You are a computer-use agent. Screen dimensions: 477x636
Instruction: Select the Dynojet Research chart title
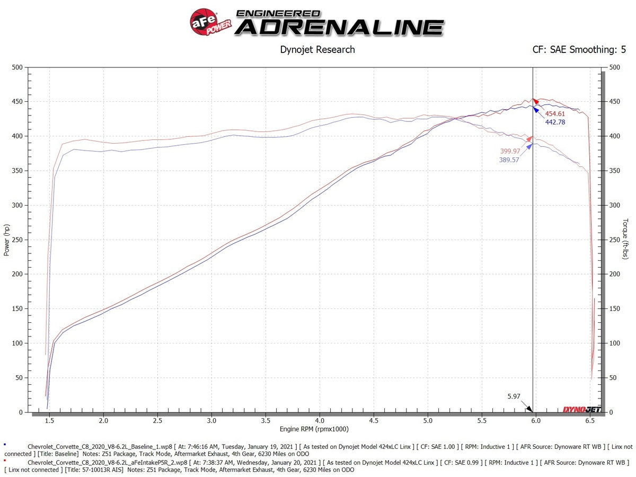(x=317, y=50)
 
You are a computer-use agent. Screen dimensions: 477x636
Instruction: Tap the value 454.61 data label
(x=555, y=114)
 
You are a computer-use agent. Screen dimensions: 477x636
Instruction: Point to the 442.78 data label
(x=555, y=122)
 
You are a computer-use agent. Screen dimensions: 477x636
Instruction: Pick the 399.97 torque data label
(x=510, y=152)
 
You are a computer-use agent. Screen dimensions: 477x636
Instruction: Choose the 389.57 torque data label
(x=509, y=160)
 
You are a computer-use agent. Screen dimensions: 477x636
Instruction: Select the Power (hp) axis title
(x=7, y=240)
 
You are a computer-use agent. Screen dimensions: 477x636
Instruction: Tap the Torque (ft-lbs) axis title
(x=626, y=240)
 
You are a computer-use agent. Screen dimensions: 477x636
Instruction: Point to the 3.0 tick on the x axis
(x=211, y=420)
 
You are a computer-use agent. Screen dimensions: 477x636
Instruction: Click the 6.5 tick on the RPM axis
(x=590, y=420)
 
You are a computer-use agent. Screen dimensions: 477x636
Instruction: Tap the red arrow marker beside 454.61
(x=536, y=100)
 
